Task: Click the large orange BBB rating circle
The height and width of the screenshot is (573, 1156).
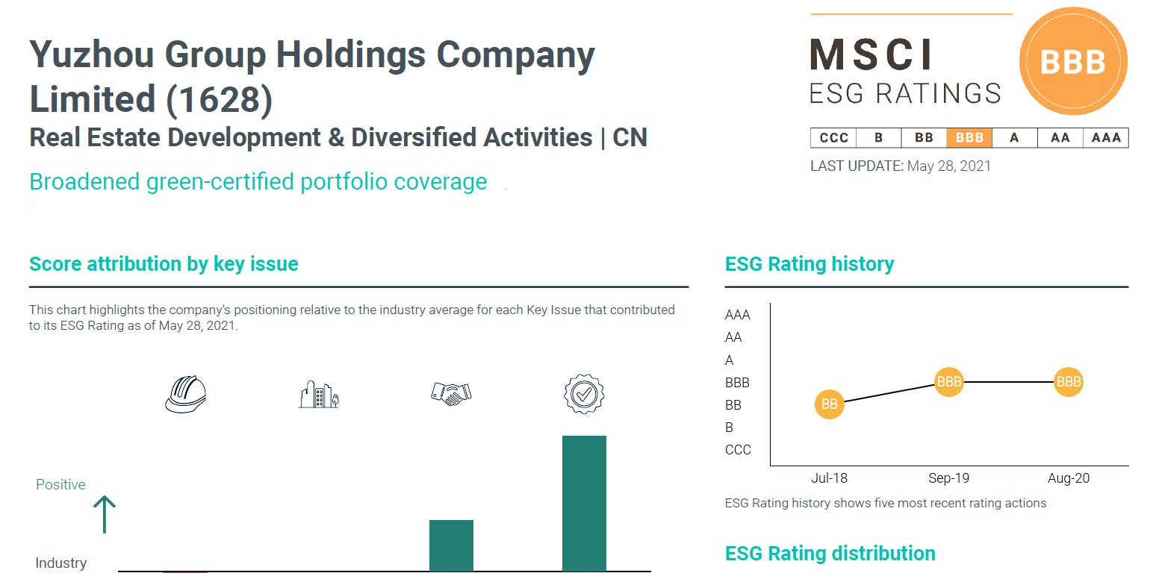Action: tap(1073, 63)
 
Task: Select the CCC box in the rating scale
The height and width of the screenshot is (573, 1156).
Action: tap(833, 138)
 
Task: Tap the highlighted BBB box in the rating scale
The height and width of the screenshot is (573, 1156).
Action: tap(969, 138)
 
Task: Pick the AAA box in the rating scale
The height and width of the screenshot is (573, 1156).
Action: tap(1106, 138)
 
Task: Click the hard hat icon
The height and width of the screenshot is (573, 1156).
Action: tap(185, 394)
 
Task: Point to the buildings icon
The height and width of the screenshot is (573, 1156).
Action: tap(319, 395)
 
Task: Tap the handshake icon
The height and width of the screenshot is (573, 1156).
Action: tap(451, 393)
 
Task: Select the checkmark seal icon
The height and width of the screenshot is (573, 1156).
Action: tap(584, 394)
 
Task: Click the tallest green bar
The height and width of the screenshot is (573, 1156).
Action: tap(584, 504)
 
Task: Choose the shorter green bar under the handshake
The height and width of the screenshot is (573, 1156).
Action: tap(451, 545)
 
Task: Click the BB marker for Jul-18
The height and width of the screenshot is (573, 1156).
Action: tap(829, 404)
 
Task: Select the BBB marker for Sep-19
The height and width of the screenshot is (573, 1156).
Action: tap(949, 382)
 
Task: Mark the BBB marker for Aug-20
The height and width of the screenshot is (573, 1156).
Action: tap(1069, 382)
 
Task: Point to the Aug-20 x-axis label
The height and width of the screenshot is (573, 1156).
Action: tap(1069, 479)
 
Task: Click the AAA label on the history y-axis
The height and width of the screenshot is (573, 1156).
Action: tap(738, 315)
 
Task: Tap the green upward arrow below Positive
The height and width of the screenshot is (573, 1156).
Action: tap(105, 515)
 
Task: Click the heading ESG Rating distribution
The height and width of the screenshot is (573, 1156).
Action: tap(830, 554)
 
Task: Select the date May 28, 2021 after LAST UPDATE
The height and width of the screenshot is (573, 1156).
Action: tap(949, 166)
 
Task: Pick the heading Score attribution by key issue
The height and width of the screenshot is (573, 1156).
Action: tap(164, 264)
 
